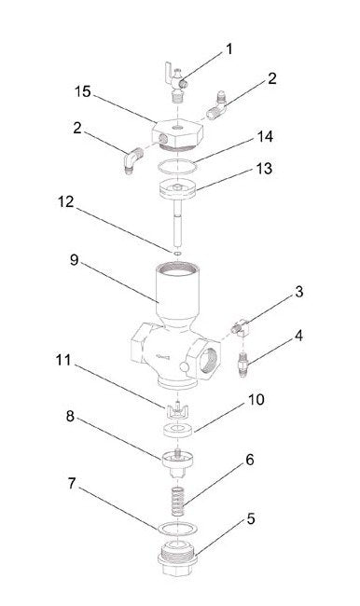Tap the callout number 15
click(83, 92)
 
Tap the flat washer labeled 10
click(176, 431)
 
